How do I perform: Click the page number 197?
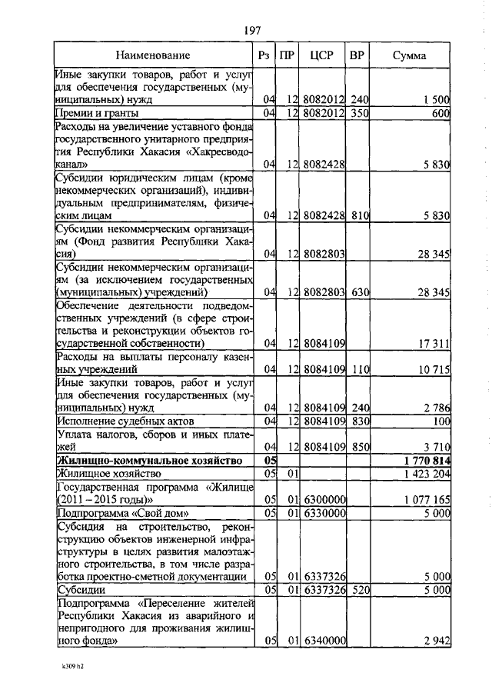253,31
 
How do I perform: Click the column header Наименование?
153,56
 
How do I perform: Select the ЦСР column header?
320,56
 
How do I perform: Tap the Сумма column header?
409,56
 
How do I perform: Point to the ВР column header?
357,56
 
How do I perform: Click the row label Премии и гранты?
97,113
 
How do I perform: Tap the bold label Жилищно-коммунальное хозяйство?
145,460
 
